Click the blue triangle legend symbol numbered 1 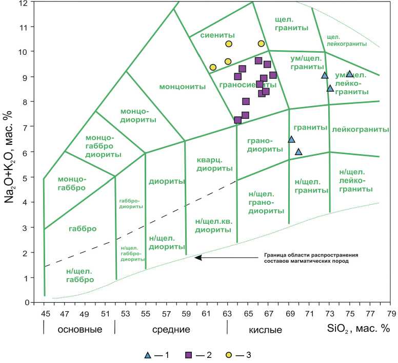click(x=148, y=354)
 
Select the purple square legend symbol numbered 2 click(x=189, y=354)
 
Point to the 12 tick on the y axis click(x=35, y=3)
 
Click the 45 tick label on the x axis click(x=44, y=312)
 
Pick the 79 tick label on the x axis click(x=391, y=312)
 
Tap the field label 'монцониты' click(x=183, y=87)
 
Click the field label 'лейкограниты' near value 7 click(x=361, y=130)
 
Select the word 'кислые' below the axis click(x=265, y=330)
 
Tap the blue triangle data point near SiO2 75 click(x=350, y=74)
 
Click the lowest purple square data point click(x=238, y=120)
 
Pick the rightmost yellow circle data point click(x=261, y=44)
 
